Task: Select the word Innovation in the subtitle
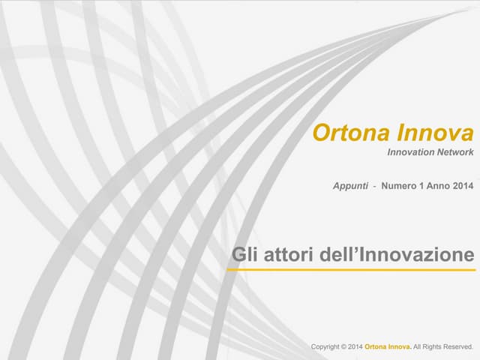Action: click(x=411, y=152)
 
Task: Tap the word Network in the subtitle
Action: click(x=456, y=152)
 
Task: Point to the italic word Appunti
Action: click(x=350, y=185)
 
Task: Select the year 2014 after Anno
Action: click(x=463, y=185)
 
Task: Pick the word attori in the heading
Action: click(x=286, y=254)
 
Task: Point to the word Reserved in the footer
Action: click(x=457, y=347)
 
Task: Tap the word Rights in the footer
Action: click(x=431, y=347)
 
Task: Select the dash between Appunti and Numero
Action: click(x=374, y=185)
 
